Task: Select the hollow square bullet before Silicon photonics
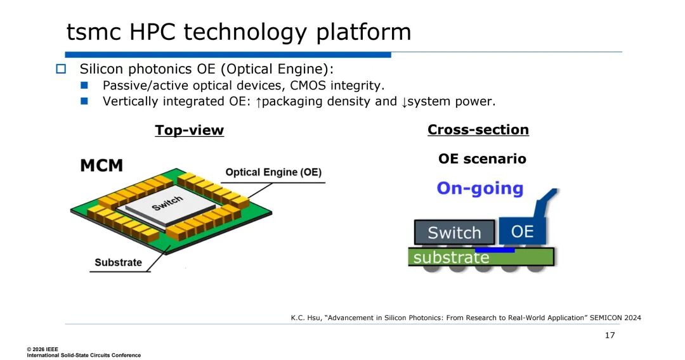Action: click(61, 68)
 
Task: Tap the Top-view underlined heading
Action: click(189, 130)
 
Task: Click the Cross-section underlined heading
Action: click(478, 129)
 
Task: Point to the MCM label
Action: click(101, 166)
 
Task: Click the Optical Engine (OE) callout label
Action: click(273, 172)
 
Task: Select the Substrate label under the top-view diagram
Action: click(119, 262)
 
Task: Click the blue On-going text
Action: click(480, 188)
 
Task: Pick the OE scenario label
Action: click(482, 158)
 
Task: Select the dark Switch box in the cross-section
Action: click(454, 233)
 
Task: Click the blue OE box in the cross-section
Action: click(522, 231)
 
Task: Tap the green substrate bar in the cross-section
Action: click(480, 257)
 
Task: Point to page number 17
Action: click(610, 335)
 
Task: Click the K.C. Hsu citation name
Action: click(303, 318)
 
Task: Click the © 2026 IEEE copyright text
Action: click(42, 349)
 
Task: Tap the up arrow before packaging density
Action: click(258, 101)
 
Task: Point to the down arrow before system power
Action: click(403, 101)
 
